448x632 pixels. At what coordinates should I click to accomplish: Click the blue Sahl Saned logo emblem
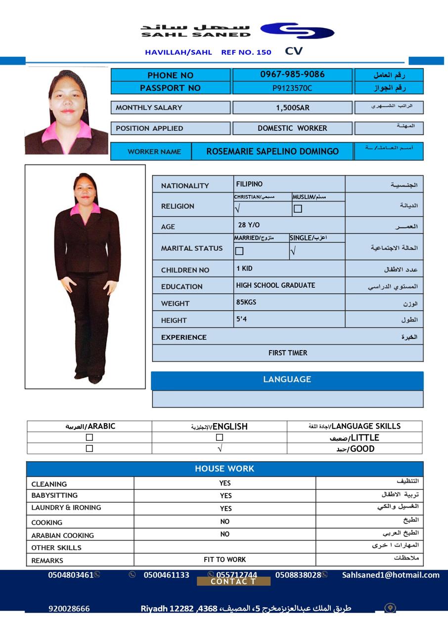(297, 31)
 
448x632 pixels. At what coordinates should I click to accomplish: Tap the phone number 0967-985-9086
(292, 75)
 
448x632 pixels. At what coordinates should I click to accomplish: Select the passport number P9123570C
(292, 88)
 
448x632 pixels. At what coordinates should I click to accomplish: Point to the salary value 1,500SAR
(292, 108)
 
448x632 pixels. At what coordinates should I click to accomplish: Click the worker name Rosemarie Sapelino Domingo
(272, 152)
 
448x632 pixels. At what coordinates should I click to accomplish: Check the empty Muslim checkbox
(298, 209)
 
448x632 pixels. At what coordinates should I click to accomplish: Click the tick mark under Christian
(237, 209)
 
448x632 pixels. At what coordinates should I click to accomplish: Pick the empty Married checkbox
(239, 251)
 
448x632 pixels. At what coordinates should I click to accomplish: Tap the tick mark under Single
(293, 251)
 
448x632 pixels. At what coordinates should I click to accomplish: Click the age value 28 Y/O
(249, 225)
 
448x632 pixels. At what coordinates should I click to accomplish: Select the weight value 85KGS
(246, 302)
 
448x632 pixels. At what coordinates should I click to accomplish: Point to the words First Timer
(288, 353)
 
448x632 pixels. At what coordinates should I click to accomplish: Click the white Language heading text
(287, 380)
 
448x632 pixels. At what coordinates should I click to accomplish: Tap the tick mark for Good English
(220, 449)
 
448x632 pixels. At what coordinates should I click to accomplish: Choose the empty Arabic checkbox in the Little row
(90, 437)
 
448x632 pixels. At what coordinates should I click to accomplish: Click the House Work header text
(224, 469)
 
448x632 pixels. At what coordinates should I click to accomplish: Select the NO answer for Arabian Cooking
(225, 534)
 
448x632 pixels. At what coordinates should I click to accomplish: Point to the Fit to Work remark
(225, 559)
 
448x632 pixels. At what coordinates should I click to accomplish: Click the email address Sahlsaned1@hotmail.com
(391, 575)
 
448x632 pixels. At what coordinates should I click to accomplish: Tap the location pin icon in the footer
(390, 608)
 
